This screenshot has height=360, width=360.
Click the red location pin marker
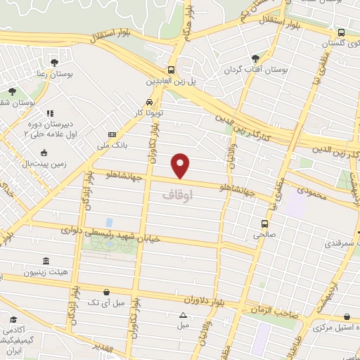[x=181, y=166]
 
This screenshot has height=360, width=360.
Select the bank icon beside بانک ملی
[x=112, y=135]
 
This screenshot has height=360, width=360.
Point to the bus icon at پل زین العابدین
[x=172, y=70]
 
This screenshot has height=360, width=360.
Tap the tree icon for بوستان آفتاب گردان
[x=255, y=59]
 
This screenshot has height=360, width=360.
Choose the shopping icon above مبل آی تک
[x=105, y=291]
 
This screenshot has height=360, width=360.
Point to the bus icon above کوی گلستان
[x=341, y=32]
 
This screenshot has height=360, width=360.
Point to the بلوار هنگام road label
[x=188, y=20]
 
